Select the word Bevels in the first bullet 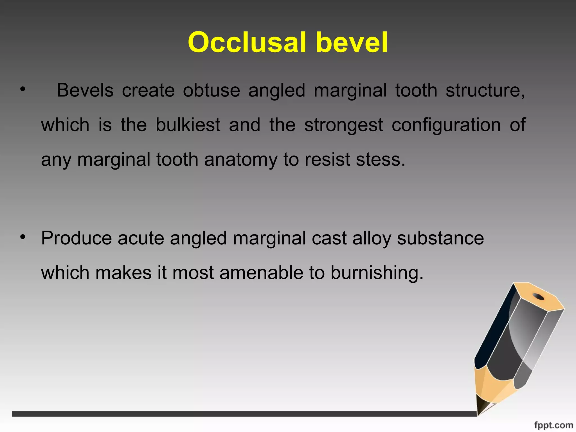pyautogui.click(x=85, y=90)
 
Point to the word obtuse pyautogui.click(x=211, y=90)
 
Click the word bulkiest pyautogui.click(x=188, y=125)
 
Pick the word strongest pyautogui.click(x=343, y=125)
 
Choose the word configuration pyautogui.click(x=446, y=125)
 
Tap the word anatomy pyautogui.click(x=241, y=160)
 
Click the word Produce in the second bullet pyautogui.click(x=76, y=238)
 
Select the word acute pyautogui.click(x=141, y=238)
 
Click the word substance pyautogui.click(x=440, y=238)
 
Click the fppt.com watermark pyautogui.click(x=553, y=425)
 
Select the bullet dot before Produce pyautogui.click(x=23, y=237)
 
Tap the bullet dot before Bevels pyautogui.click(x=23, y=89)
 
